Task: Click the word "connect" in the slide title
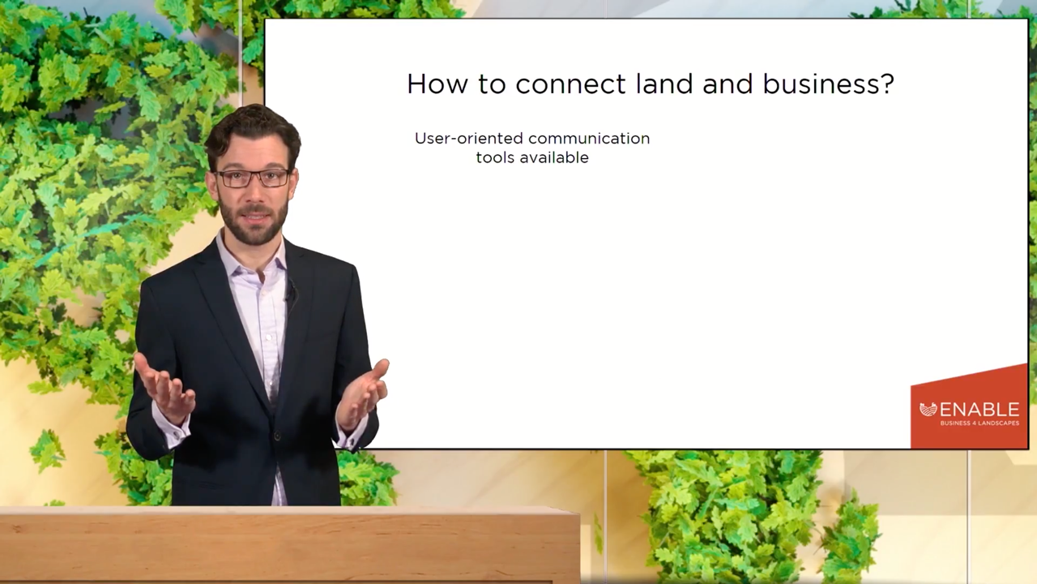570,85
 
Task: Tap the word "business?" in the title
828,84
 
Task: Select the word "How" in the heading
437,84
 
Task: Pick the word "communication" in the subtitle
589,138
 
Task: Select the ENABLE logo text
979,410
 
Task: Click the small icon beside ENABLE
928,410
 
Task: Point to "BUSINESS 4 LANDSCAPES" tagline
979,423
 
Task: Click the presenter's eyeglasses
252,178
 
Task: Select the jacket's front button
277,436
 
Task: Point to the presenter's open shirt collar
252,260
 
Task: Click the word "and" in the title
728,84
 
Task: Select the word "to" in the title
492,85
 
